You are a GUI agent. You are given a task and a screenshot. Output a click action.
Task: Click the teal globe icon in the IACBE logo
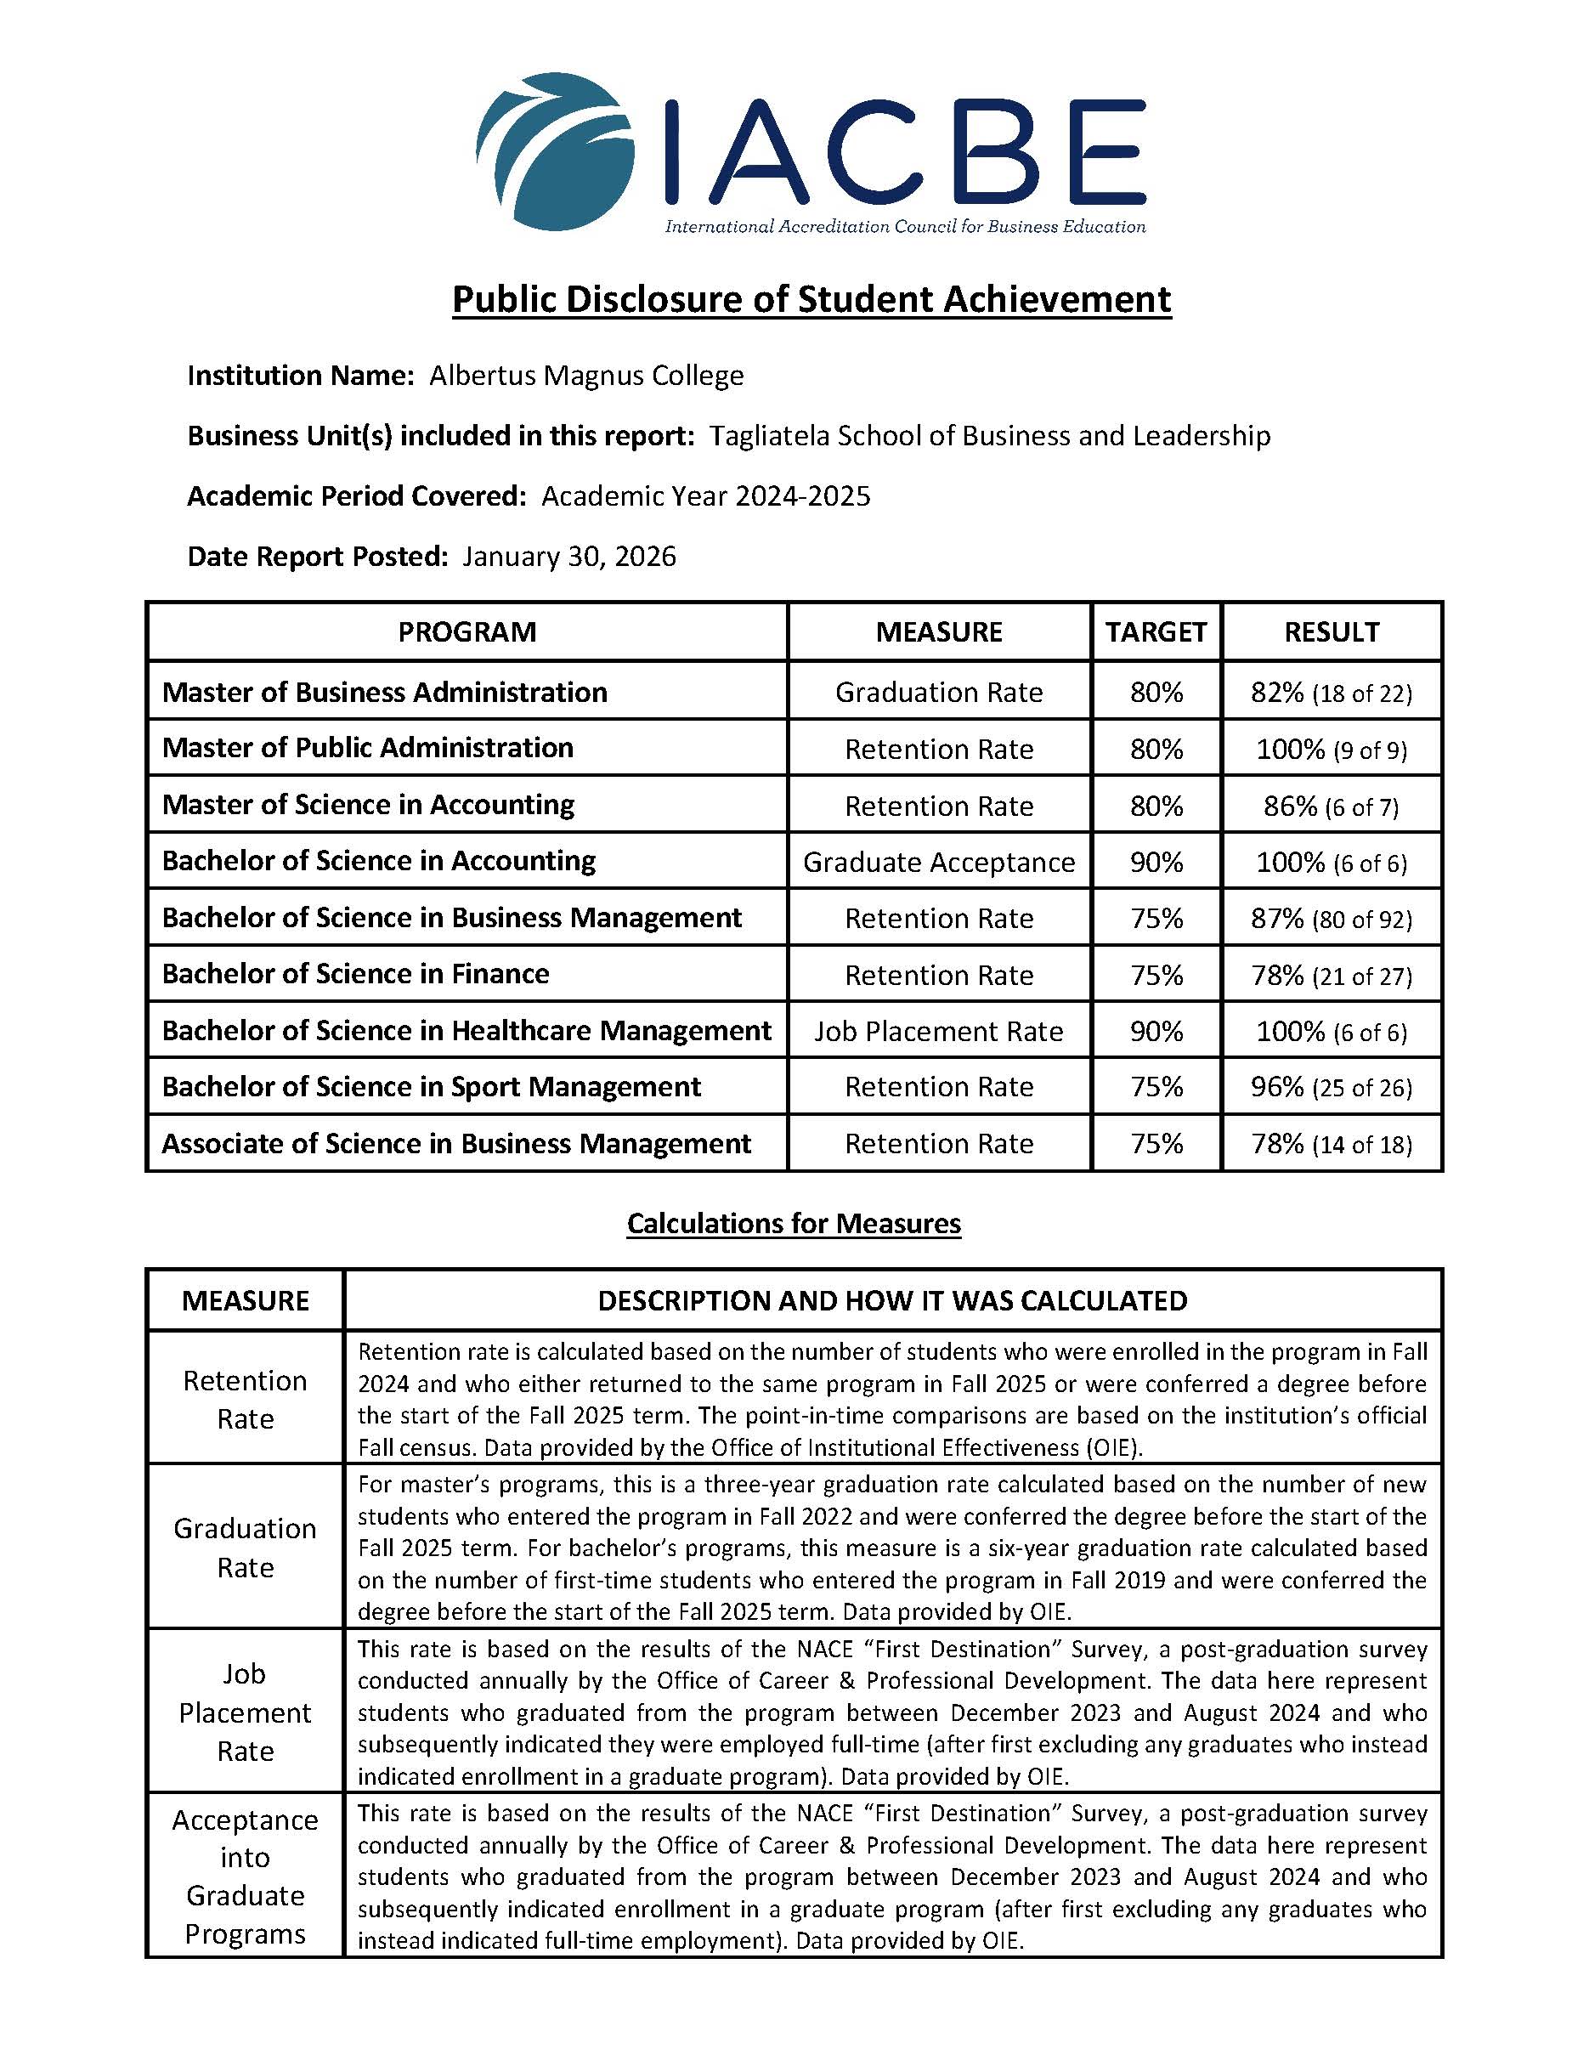coord(549,151)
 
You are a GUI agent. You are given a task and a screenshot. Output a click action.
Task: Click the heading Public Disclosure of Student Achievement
coord(811,299)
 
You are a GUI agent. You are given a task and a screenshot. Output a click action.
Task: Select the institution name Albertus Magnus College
coord(586,376)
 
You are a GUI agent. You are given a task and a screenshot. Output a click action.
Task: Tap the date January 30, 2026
coord(569,556)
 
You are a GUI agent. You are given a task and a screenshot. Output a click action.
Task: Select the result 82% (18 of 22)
coord(1331,693)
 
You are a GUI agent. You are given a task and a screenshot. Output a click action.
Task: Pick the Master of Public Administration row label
coord(368,748)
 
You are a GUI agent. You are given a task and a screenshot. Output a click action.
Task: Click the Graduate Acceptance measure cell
coord(938,862)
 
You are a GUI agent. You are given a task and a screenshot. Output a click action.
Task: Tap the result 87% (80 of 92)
coord(1331,919)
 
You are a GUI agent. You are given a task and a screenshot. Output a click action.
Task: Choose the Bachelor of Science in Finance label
coord(356,974)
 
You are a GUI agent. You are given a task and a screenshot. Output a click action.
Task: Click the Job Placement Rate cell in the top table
coord(938,1031)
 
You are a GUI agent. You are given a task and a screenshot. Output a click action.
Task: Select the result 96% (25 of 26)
coord(1331,1087)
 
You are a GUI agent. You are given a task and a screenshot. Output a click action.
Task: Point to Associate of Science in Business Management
coord(456,1144)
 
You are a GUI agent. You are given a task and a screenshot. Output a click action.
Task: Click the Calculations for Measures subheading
coord(794,1224)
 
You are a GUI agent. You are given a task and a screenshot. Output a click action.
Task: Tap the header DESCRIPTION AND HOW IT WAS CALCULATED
coord(892,1301)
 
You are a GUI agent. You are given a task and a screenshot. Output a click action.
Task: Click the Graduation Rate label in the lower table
coord(245,1548)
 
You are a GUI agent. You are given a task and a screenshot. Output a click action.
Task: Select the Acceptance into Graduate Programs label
coord(245,1876)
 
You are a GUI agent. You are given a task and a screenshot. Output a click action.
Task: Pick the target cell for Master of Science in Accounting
coord(1156,805)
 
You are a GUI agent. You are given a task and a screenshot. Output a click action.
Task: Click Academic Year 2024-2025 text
coord(705,496)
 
